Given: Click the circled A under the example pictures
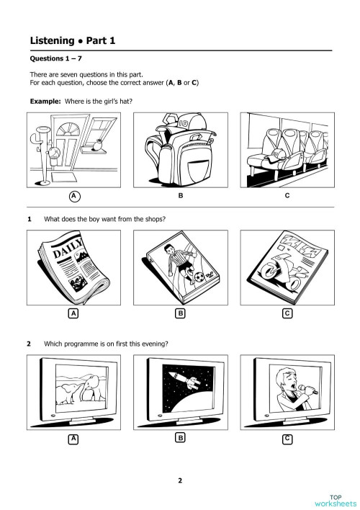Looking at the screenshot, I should click(73, 196).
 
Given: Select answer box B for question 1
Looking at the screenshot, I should click(181, 313).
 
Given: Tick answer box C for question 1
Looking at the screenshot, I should click(287, 313).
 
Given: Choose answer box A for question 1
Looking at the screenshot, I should click(73, 313).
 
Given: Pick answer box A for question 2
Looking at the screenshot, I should click(73, 439).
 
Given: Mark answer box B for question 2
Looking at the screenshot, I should click(181, 438).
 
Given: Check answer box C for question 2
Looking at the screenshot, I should click(287, 438).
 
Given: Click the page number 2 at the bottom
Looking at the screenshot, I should click(180, 480).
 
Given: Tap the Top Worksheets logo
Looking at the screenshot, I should click(336, 500).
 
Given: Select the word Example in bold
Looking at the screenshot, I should click(45, 102).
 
